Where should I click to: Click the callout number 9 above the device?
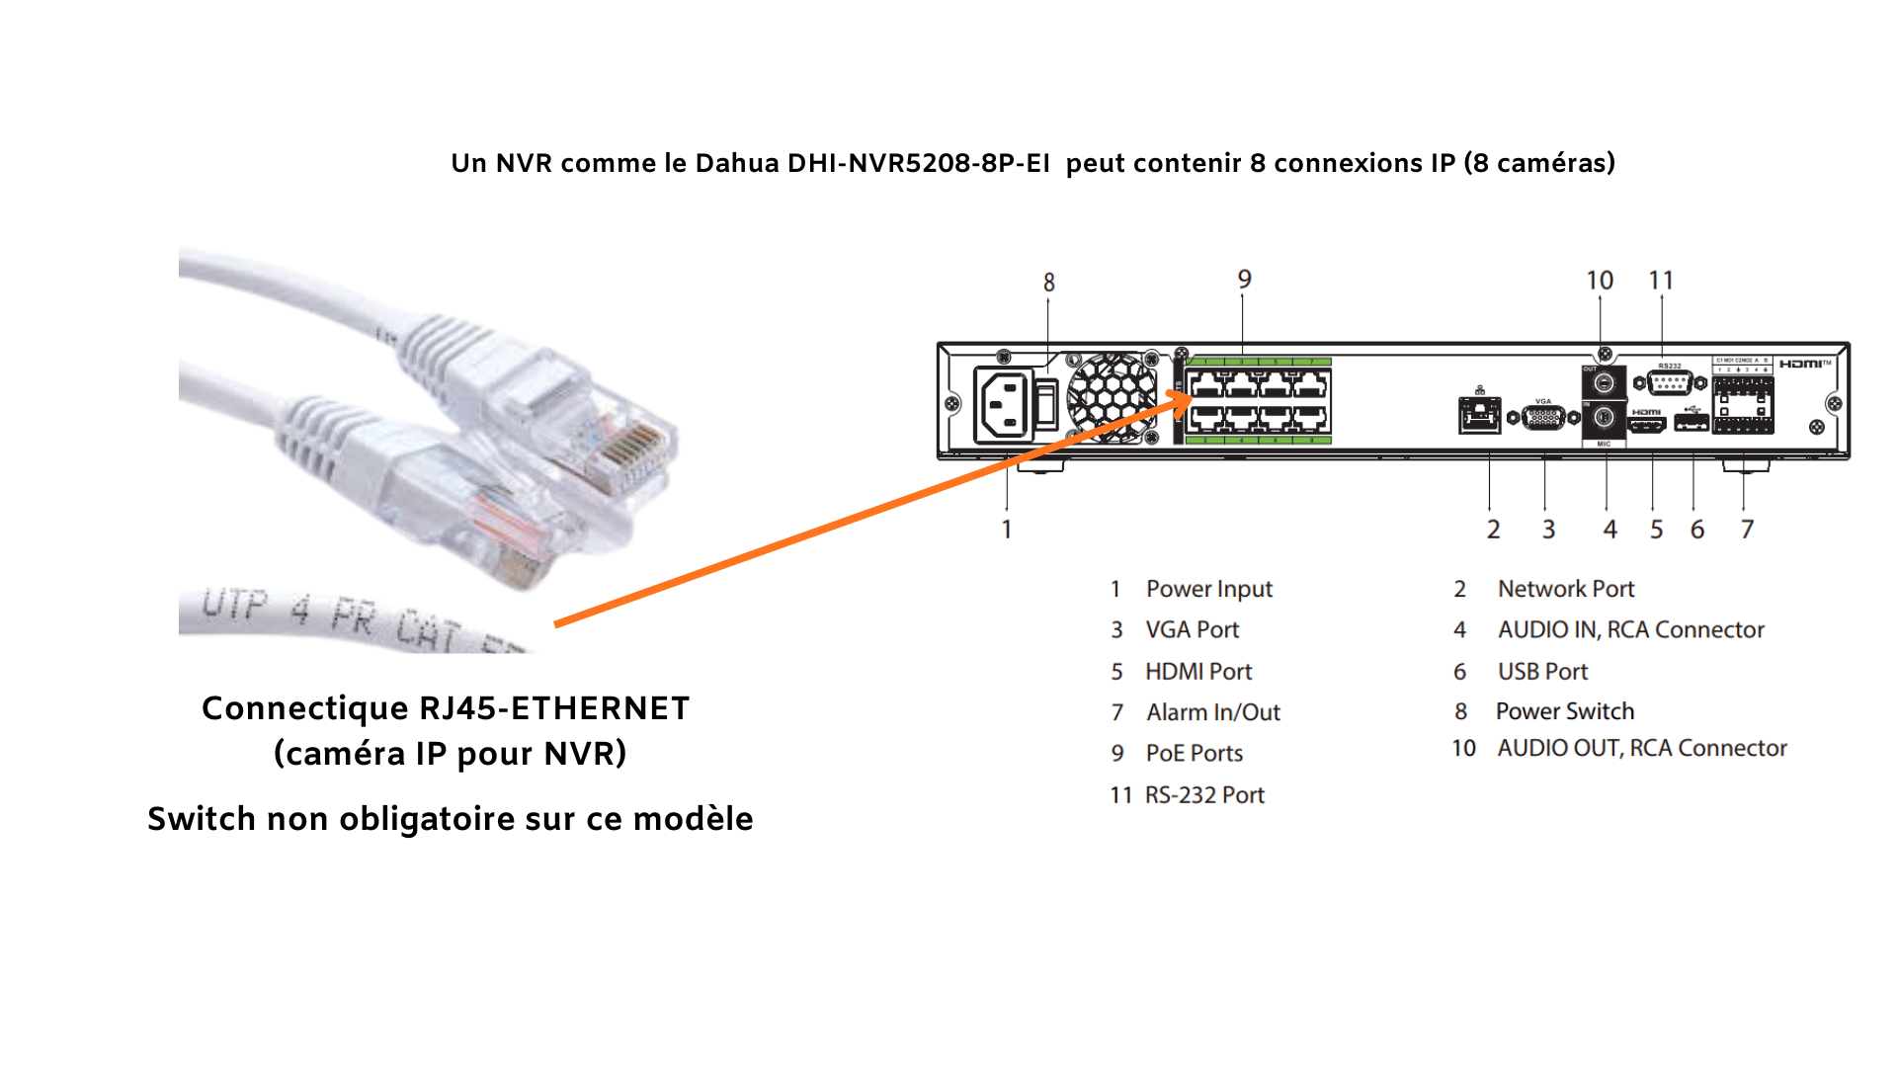1244,280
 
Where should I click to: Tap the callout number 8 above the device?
1049,283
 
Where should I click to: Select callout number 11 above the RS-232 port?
1661,281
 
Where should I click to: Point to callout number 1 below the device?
1006,530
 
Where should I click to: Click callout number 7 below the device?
1747,530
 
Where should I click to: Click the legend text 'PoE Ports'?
1194,753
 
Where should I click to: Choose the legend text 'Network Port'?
1566,589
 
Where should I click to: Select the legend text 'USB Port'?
1542,672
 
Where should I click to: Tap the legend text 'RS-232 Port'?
1204,795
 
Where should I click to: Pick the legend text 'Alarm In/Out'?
1213,712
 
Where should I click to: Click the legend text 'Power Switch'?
1564,711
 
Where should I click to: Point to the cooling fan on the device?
1112,397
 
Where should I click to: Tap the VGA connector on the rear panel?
1543,417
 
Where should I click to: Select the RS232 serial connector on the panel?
1670,382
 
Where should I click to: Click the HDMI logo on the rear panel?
1803,365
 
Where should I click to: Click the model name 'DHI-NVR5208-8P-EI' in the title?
918,163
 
